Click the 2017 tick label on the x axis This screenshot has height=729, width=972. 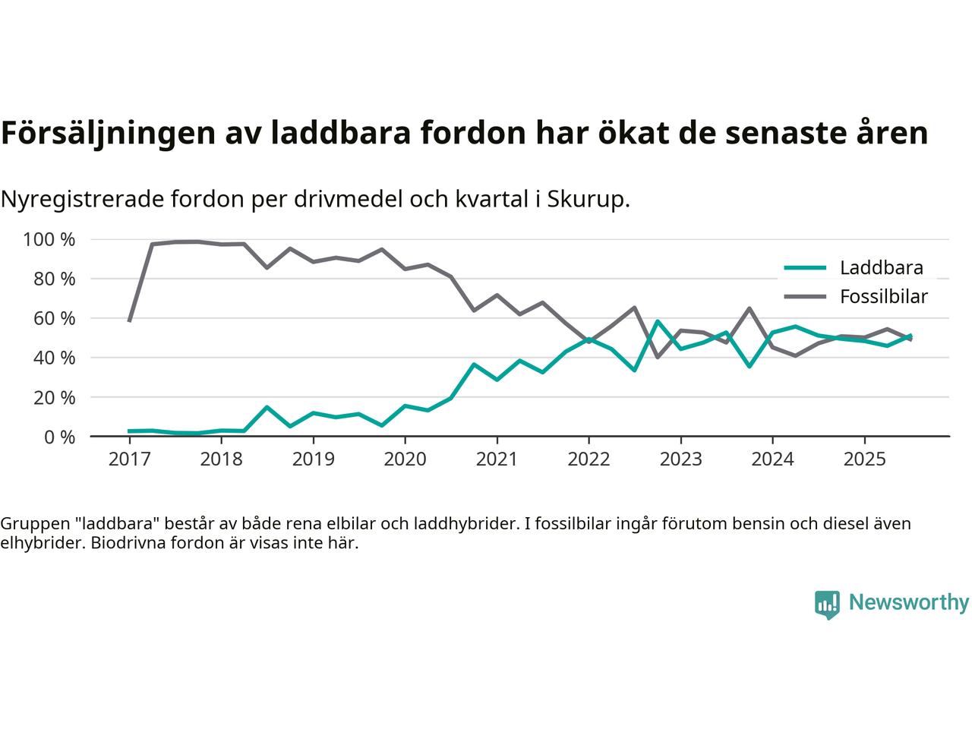pyautogui.click(x=129, y=459)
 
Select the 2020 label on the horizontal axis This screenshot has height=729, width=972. pyautogui.click(x=405, y=459)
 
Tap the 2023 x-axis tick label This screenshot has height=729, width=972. pyautogui.click(x=680, y=459)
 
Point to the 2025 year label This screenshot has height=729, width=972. pyautogui.click(x=864, y=459)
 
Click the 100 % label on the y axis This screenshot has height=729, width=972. pyautogui.click(x=49, y=240)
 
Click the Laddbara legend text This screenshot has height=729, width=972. pyautogui.click(x=881, y=267)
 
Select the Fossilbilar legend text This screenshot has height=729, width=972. pyautogui.click(x=884, y=296)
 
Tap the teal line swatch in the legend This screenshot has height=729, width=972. pyautogui.click(x=804, y=267)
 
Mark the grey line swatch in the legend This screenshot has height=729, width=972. pyautogui.click(x=804, y=296)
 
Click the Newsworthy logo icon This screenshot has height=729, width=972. pyautogui.click(x=827, y=604)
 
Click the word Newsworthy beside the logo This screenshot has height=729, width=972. pyautogui.click(x=908, y=603)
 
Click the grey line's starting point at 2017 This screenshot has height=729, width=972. pyautogui.click(x=129, y=320)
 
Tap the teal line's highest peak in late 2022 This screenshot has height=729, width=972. pyautogui.click(x=658, y=321)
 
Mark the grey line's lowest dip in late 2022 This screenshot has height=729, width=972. pyautogui.click(x=658, y=357)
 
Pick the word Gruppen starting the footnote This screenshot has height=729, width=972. pyautogui.click(x=31, y=524)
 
